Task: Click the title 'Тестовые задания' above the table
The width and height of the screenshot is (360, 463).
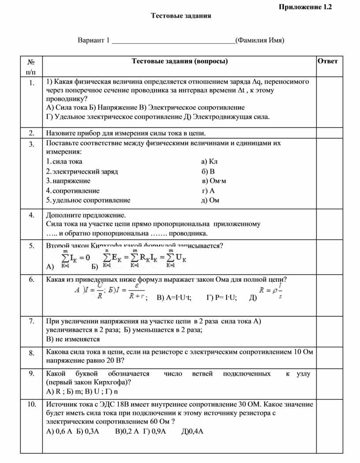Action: click(x=181, y=16)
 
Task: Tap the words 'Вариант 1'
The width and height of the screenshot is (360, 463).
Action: click(x=94, y=41)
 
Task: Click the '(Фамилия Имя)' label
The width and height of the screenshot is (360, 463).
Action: click(x=259, y=41)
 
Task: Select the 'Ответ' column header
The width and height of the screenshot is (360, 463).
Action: click(x=327, y=61)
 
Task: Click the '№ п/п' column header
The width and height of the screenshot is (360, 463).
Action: click(x=31, y=66)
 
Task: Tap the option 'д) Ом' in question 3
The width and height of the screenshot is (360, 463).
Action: click(x=210, y=200)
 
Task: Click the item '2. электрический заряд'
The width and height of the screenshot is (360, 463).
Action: click(x=82, y=171)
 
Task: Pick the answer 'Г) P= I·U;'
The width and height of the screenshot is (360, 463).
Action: click(x=221, y=298)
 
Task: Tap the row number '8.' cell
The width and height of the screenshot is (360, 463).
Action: click(x=31, y=353)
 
